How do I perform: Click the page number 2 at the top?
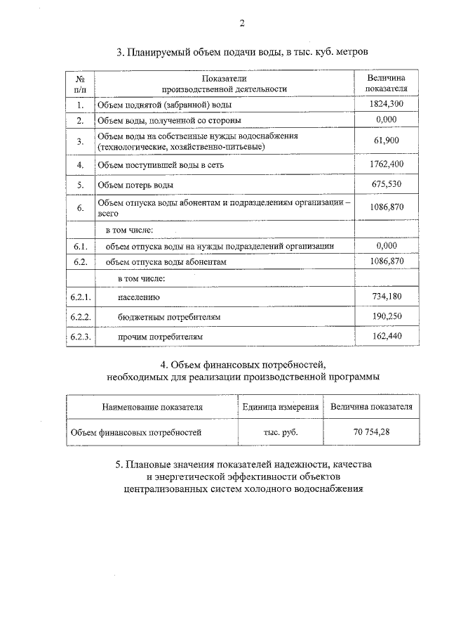[241, 23]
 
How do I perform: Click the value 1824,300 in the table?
[387, 104]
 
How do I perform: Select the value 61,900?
[387, 141]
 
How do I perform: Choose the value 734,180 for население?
[387, 297]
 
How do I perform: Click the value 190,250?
[387, 317]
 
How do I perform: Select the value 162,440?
[387, 337]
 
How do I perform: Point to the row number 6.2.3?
[81, 337]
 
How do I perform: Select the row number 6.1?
[81, 246]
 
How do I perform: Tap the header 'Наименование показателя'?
[152, 407]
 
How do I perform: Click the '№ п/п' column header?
[81, 84]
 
